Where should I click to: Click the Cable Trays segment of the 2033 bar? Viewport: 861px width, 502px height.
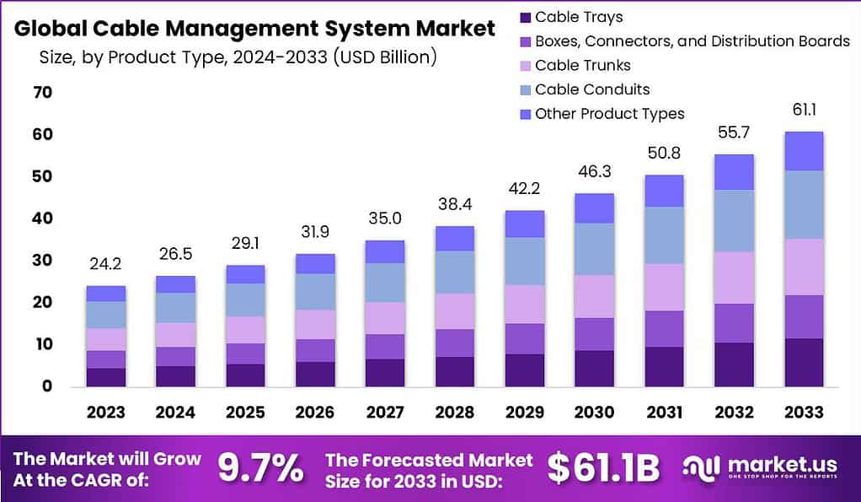[x=803, y=362]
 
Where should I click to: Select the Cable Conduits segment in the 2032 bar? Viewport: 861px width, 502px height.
[x=734, y=220]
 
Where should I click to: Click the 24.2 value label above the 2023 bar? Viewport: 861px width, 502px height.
[x=105, y=264]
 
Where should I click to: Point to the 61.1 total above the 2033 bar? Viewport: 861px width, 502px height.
[x=803, y=109]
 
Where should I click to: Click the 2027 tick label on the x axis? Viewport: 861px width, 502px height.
[x=384, y=412]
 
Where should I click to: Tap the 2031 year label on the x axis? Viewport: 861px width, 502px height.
[x=665, y=412]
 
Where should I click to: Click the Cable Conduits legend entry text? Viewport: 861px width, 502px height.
[x=592, y=89]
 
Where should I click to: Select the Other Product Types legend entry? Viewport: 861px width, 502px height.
[x=609, y=114]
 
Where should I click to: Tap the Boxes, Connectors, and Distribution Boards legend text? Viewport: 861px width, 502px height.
[x=692, y=40]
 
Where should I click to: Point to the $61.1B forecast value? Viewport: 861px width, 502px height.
[x=603, y=468]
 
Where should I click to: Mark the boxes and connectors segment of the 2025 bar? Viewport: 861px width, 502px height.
[x=245, y=354]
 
